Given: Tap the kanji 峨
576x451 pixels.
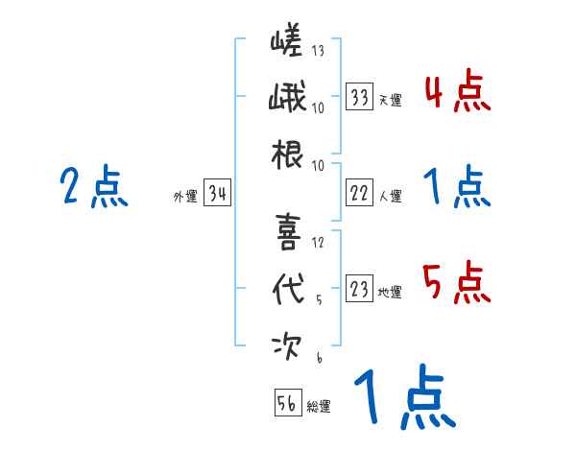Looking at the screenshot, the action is pyautogui.click(x=286, y=99).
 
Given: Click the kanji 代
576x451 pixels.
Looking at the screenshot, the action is pyautogui.click(x=286, y=287).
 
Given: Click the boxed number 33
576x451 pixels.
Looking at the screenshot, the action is pyautogui.click(x=360, y=98).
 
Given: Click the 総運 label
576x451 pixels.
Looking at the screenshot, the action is pyautogui.click(x=318, y=406).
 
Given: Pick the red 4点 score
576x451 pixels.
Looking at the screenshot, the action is pyautogui.click(x=458, y=93).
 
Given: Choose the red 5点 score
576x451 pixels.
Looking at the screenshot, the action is pyautogui.click(x=458, y=284).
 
